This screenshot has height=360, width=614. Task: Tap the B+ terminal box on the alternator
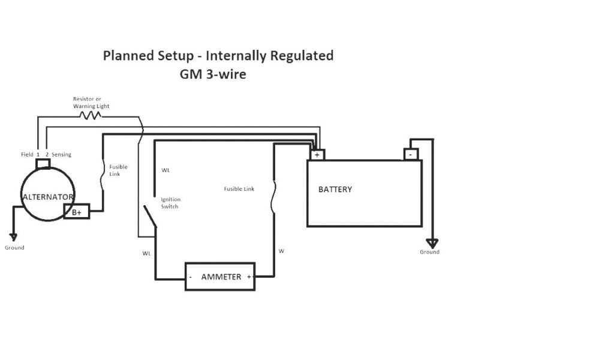click(x=77, y=212)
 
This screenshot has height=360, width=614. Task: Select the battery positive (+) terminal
click(x=317, y=154)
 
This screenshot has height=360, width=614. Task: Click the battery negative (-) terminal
click(x=411, y=154)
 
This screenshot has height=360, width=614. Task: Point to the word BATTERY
click(x=335, y=190)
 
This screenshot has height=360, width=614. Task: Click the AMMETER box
click(x=220, y=277)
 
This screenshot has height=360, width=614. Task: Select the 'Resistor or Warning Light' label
click(x=91, y=103)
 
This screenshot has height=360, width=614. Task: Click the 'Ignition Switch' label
click(x=171, y=203)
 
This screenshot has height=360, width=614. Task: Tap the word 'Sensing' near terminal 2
click(x=61, y=155)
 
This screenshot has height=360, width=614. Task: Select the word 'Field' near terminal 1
click(x=27, y=155)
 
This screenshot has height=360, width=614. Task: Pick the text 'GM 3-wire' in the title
click(x=212, y=75)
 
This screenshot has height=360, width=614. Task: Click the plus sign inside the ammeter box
click(x=248, y=277)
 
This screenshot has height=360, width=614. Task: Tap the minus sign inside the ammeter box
click(x=191, y=277)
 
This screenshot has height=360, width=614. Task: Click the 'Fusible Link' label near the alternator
click(x=118, y=170)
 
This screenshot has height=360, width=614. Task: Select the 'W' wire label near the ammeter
click(x=281, y=251)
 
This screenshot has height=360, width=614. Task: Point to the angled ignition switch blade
click(x=149, y=217)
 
